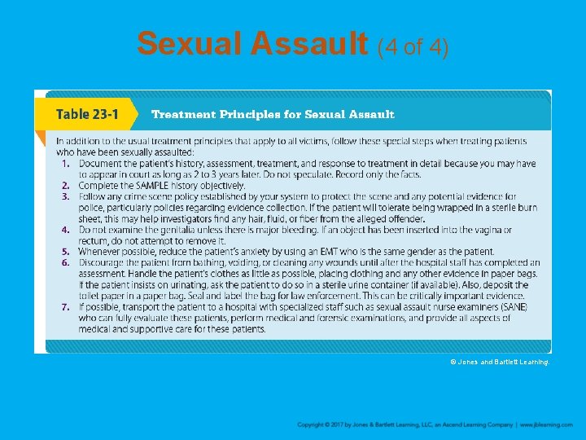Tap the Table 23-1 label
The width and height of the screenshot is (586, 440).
click(85, 114)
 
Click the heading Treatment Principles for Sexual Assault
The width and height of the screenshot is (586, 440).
click(273, 114)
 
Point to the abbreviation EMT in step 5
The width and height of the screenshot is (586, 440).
click(357, 252)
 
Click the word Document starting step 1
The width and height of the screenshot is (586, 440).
click(100, 164)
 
